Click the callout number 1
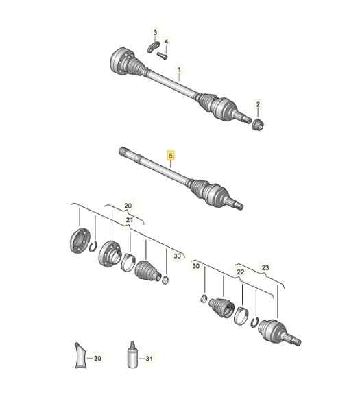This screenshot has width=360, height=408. click(x=180, y=69)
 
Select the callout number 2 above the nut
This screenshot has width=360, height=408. click(x=259, y=104)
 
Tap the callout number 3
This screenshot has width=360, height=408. click(x=155, y=33)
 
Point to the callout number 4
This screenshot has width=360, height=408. click(x=166, y=41)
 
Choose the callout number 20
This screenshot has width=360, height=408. click(x=127, y=205)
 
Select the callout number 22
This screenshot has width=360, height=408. click(x=241, y=272)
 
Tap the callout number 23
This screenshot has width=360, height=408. click(x=265, y=268)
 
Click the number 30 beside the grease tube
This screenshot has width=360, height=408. click(x=97, y=357)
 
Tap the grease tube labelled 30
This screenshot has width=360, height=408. click(x=82, y=356)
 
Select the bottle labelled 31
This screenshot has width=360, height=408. click(x=130, y=357)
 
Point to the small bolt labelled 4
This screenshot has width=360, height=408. click(x=163, y=56)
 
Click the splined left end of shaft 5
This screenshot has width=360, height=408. click(x=123, y=152)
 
